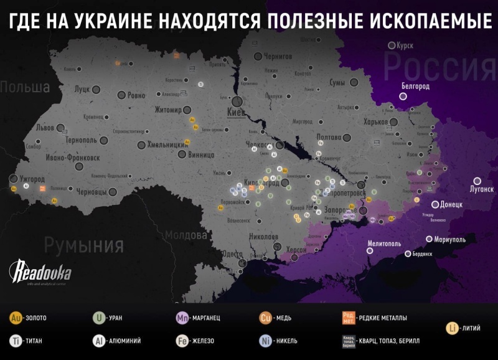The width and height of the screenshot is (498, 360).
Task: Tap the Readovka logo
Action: (x=40, y=272)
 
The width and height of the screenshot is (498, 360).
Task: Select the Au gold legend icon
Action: (x=16, y=318)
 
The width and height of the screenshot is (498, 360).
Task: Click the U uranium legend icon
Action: (x=98, y=318)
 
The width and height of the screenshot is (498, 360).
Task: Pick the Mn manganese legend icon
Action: (x=182, y=318)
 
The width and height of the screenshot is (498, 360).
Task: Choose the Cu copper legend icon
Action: (x=266, y=318)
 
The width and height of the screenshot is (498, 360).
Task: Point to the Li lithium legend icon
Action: (x=454, y=328)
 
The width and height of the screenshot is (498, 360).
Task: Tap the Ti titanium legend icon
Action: (x=16, y=341)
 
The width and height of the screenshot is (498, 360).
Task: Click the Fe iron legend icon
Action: (x=182, y=341)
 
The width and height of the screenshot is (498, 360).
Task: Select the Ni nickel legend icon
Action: (x=266, y=341)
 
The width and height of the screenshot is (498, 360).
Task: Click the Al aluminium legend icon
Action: (x=98, y=341)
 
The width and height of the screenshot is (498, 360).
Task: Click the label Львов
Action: (x=44, y=127)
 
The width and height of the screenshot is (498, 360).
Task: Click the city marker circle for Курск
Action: (x=392, y=45)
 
